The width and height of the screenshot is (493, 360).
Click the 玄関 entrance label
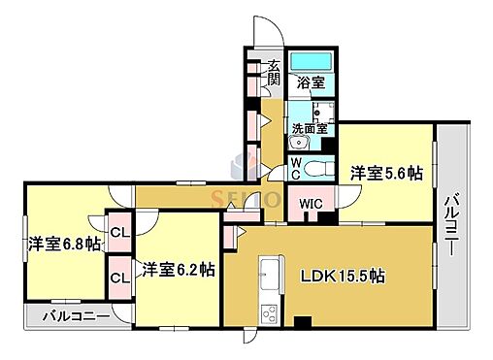pos(274,74)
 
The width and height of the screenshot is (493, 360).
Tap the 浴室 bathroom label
pos(312,83)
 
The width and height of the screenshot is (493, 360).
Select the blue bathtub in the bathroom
pos(312,60)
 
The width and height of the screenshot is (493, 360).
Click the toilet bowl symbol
pos(314,169)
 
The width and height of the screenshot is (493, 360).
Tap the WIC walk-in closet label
pos(312,204)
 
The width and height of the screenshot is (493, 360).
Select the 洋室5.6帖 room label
pos(386,173)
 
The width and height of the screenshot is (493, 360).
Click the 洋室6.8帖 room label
pos(64,245)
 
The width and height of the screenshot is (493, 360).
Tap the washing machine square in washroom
pos(321,109)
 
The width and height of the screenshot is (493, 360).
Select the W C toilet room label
pos(297,169)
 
